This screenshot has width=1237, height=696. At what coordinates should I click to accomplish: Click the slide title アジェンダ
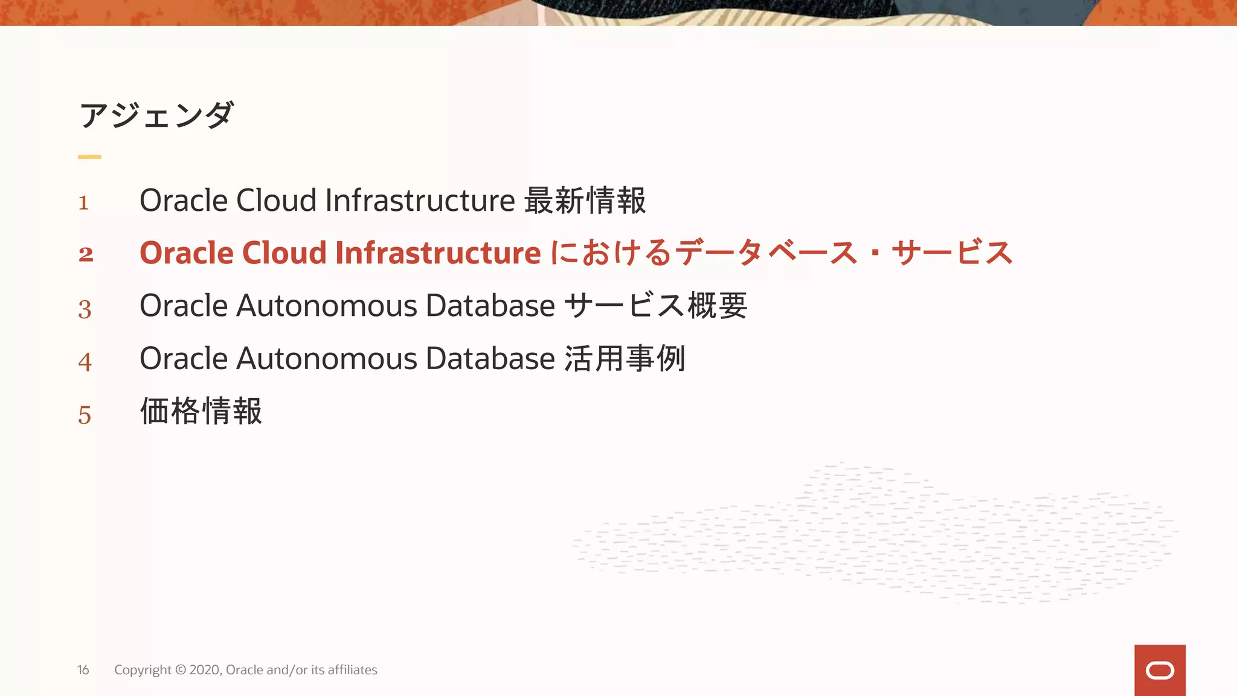156,115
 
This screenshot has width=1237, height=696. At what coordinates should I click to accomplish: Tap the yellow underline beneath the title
89,157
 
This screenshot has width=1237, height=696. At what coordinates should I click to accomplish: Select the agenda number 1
84,202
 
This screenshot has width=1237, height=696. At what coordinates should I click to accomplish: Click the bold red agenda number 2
86,254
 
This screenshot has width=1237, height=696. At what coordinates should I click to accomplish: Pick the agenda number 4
85,362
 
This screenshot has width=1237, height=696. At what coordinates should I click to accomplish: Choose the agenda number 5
85,415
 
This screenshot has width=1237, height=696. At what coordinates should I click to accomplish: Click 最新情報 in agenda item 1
585,201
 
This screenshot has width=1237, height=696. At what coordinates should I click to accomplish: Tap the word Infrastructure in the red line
438,253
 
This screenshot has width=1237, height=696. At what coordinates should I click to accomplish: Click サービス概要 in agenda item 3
657,306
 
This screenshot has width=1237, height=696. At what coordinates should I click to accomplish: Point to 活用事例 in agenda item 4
625,358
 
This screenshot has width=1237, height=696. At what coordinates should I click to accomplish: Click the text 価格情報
201,411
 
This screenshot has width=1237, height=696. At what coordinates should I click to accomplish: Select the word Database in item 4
490,358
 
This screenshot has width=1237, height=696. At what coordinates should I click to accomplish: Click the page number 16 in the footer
83,670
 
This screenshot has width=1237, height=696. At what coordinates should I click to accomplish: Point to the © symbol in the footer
181,670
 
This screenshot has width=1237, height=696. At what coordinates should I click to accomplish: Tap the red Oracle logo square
1160,670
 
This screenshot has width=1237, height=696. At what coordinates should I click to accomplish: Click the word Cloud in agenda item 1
276,201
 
